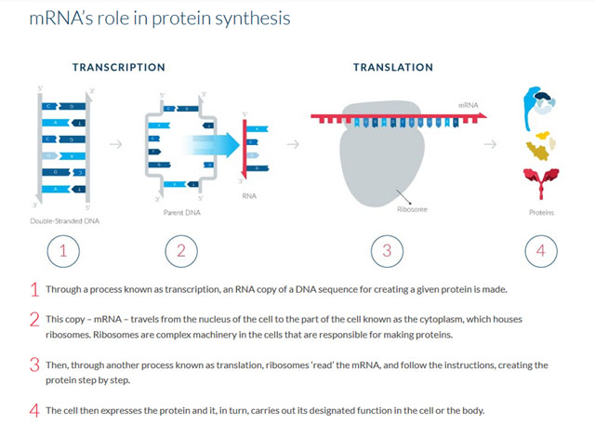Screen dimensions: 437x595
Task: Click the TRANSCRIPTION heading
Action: click(x=119, y=67)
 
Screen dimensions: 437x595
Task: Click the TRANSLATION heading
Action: click(x=392, y=67)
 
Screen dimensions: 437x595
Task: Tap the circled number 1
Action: click(x=63, y=250)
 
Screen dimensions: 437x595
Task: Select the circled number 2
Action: click(x=181, y=250)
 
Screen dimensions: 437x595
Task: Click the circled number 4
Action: click(x=541, y=250)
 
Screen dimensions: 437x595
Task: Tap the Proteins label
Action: click(x=541, y=213)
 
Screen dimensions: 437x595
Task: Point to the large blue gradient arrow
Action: click(x=210, y=144)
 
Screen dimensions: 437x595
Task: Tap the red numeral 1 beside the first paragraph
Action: click(x=34, y=289)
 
